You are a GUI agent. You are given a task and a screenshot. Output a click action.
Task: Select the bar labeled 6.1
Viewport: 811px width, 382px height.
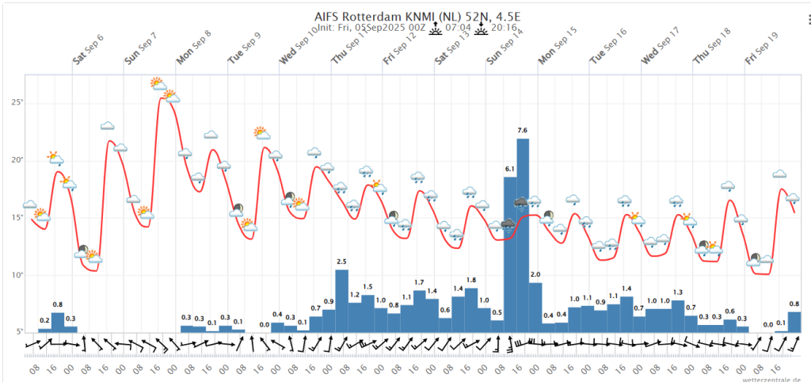[510, 254]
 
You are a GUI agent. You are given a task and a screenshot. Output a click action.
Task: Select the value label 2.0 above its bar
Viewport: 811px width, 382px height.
[535, 275]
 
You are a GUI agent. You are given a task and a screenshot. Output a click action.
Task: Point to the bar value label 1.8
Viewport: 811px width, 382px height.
[471, 281]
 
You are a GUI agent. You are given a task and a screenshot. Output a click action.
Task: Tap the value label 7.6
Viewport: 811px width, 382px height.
[523, 131]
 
